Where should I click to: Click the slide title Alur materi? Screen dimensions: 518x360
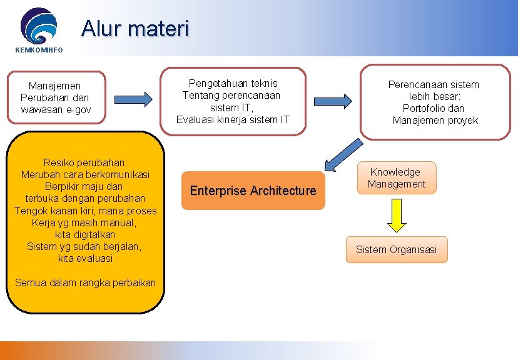pyautogui.click(x=135, y=29)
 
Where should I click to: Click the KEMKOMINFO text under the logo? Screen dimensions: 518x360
pyautogui.click(x=39, y=50)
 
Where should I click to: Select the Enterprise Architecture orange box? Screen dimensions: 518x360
pyautogui.click(x=253, y=191)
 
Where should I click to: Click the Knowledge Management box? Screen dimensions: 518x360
pyautogui.click(x=396, y=178)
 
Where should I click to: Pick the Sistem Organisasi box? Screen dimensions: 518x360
pyautogui.click(x=396, y=250)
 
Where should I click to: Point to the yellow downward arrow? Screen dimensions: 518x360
pyautogui.click(x=396, y=216)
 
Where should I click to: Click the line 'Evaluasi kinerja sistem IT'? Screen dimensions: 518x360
pyautogui.click(x=233, y=119)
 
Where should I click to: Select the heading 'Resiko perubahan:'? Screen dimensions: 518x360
pyautogui.click(x=85, y=162)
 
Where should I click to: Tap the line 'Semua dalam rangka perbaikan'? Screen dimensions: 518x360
pyautogui.click(x=85, y=282)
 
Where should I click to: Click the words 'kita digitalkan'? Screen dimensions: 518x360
pyautogui.click(x=85, y=234)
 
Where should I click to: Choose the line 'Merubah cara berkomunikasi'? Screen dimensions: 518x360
pyautogui.click(x=85, y=174)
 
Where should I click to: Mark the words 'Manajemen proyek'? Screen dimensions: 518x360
pyautogui.click(x=435, y=120)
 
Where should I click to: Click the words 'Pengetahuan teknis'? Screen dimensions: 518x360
pyautogui.click(x=233, y=83)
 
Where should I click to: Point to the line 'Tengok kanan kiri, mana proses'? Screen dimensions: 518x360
pyautogui.click(x=85, y=211)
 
